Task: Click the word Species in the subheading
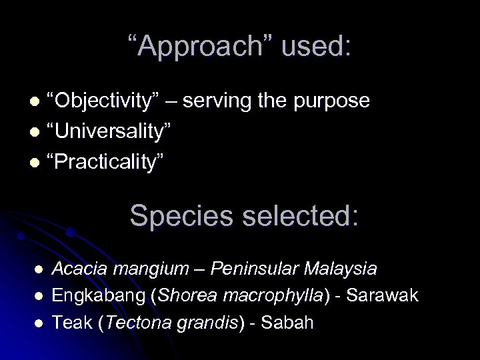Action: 173,216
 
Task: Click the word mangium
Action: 147,270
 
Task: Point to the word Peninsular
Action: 253,269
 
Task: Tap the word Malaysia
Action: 341,269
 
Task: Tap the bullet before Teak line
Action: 39,322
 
